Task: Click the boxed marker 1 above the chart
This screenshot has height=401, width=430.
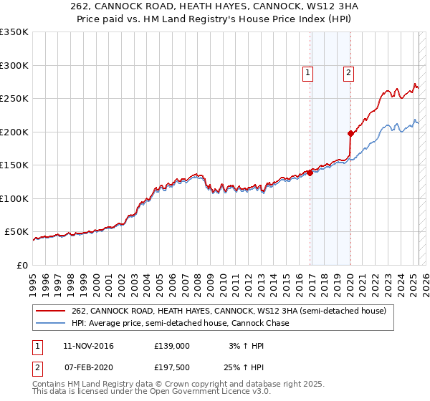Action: (x=307, y=72)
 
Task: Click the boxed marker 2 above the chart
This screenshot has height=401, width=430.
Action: (x=348, y=72)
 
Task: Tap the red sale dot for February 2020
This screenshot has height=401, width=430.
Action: (x=350, y=133)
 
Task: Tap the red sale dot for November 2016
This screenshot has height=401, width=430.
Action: (x=310, y=173)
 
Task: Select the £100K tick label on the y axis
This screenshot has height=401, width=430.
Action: (x=14, y=198)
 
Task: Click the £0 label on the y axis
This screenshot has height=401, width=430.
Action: (x=21, y=265)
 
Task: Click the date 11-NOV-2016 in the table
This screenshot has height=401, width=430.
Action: (x=89, y=346)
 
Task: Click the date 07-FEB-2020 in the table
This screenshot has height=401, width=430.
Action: (x=89, y=367)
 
